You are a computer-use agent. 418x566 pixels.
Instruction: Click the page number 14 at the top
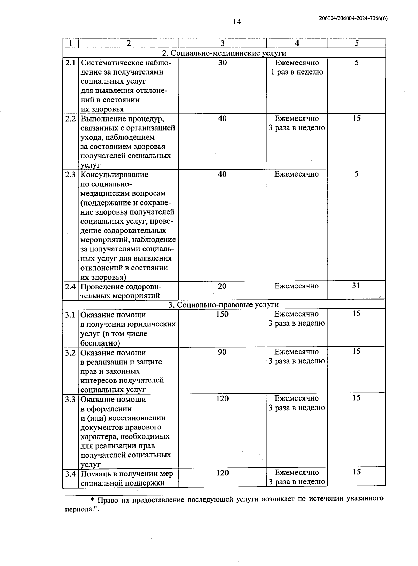pyautogui.click(x=237, y=22)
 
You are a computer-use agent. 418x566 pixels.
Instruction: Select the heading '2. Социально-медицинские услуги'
pyautogui.click(x=224, y=53)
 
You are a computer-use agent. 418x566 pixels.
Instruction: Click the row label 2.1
pyautogui.click(x=70, y=63)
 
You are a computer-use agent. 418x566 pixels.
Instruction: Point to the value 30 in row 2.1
pyautogui.click(x=222, y=63)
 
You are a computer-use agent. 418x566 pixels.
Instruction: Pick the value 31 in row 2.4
pyautogui.click(x=356, y=286)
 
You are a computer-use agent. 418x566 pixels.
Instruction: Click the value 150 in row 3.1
pyautogui.click(x=222, y=314)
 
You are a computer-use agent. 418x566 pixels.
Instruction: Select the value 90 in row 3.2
pyautogui.click(x=222, y=352)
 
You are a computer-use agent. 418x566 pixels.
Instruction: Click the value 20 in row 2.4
pyautogui.click(x=222, y=286)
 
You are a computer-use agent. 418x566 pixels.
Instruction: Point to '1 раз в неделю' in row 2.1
pyautogui.click(x=297, y=72)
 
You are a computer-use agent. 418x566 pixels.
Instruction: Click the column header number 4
pyautogui.click(x=297, y=43)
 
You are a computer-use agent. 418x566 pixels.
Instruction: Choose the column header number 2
pyautogui.click(x=129, y=43)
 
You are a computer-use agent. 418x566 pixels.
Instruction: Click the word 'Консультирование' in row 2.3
pyautogui.click(x=114, y=175)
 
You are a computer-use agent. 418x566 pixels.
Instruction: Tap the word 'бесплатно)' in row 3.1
pyautogui.click(x=100, y=343)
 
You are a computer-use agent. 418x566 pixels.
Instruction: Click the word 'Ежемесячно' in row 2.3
pyautogui.click(x=296, y=175)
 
